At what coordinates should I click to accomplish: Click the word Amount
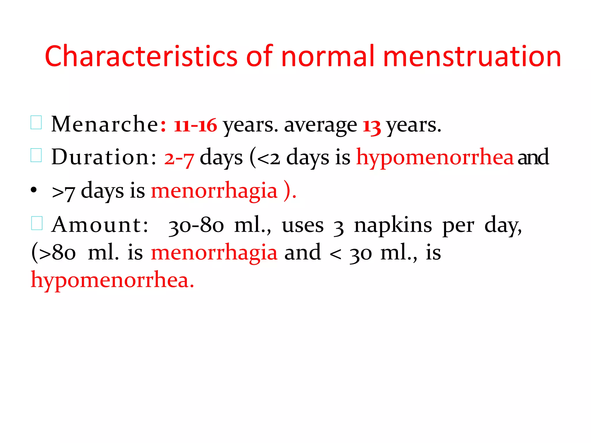[x=100, y=225]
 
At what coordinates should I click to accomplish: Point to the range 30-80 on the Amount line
[x=196, y=226]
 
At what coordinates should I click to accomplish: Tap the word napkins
[x=393, y=226]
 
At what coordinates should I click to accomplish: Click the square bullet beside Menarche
[x=36, y=122]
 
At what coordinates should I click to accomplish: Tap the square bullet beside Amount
[x=37, y=223]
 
